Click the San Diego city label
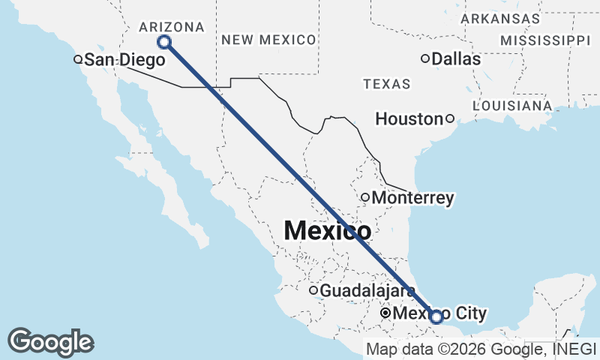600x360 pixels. click(x=124, y=59)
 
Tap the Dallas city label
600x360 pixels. click(x=456, y=58)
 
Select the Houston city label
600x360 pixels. click(x=409, y=118)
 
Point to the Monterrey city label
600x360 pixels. click(x=412, y=198)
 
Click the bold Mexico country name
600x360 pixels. click(x=327, y=231)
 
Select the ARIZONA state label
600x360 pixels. click(x=172, y=27)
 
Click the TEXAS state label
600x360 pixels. click(x=387, y=84)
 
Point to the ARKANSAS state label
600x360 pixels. click(x=500, y=18)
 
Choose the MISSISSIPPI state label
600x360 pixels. click(x=545, y=40)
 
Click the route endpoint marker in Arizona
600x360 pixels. click(x=164, y=42)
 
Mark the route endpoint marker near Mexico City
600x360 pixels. click(x=436, y=316)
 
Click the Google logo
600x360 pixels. click(x=50, y=342)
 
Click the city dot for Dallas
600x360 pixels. click(x=425, y=58)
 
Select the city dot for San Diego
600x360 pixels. click(x=76, y=59)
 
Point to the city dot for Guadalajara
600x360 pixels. click(x=313, y=290)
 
